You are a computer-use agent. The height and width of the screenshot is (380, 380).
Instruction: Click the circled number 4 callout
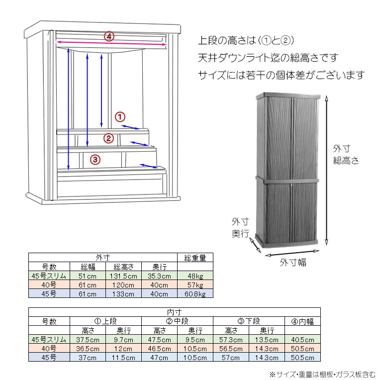point(109,37)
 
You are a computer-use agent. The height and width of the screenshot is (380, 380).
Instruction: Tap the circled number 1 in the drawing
point(120,117)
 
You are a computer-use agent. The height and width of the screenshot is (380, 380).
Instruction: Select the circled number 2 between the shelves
point(108,138)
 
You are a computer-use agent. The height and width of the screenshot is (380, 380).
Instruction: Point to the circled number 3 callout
point(95,160)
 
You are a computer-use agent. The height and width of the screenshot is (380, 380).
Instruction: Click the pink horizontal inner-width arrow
point(111,43)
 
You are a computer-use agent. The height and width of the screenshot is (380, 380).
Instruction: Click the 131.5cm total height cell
point(123,276)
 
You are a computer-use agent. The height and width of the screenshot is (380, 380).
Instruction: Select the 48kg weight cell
point(195,276)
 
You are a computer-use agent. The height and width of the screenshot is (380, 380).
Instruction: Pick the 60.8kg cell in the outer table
point(195,294)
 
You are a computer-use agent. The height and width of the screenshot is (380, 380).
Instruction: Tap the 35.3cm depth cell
point(159,276)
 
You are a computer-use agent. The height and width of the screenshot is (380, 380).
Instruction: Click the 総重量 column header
point(195,258)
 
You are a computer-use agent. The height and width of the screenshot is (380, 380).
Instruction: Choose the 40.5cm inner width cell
point(302,340)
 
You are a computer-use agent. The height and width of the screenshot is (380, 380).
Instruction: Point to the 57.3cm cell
point(231,340)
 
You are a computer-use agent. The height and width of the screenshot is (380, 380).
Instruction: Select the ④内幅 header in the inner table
point(302,322)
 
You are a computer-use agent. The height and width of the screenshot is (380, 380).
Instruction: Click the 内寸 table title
point(175,312)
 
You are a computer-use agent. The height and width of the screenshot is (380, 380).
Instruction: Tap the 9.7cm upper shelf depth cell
point(123,340)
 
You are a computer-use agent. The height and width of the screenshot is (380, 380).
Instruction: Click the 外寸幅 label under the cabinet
point(293,263)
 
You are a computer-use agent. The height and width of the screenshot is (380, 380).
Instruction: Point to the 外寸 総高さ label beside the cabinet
point(346,154)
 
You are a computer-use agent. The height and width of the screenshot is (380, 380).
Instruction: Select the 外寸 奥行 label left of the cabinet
point(240,228)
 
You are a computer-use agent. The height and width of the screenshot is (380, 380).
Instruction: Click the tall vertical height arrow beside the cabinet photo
point(327,171)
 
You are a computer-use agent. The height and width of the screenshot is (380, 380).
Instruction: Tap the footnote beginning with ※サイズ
point(322,375)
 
